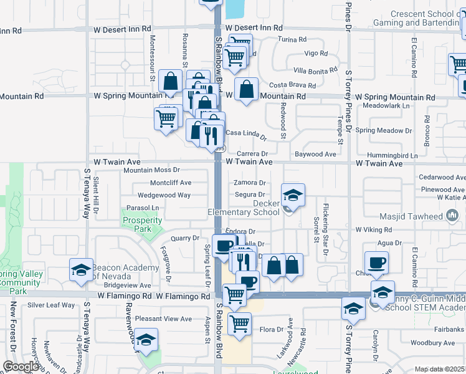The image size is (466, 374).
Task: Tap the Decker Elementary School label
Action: tap(244, 208)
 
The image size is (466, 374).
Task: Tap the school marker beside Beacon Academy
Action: tap(81, 270)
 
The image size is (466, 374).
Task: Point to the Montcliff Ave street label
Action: tap(171, 183)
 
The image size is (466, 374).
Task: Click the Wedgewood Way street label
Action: tap(164, 195)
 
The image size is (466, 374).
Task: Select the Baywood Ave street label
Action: tap(315, 153)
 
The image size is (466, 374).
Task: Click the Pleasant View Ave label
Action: tap(164, 319)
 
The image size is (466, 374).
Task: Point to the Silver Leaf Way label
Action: tap(50, 305)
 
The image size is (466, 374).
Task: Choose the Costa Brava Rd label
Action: tap(293, 85)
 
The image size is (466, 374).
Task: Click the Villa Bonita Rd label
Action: tap(315, 70)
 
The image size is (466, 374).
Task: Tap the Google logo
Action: tap(21, 367)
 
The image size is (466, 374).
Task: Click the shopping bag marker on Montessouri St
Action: tap(171, 82)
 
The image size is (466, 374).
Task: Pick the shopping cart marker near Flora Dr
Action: tap(239, 324)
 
